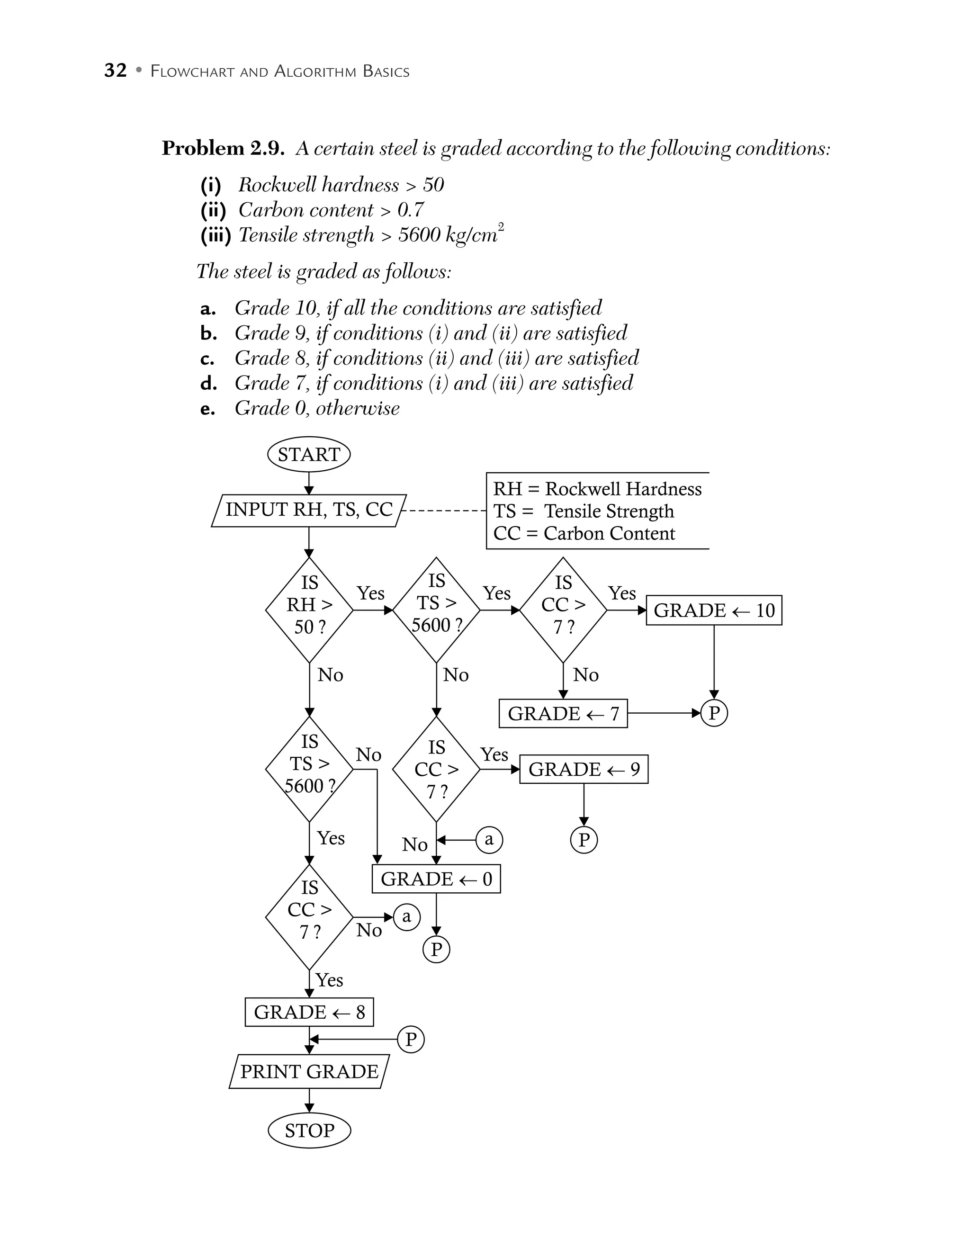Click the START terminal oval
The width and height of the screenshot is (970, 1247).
[x=309, y=455]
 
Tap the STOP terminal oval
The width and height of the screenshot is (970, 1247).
[x=309, y=1130]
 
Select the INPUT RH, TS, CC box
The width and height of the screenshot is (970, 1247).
[x=309, y=510]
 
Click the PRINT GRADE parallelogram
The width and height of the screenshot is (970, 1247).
[x=309, y=1072]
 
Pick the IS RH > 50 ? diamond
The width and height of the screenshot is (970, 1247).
[x=309, y=610]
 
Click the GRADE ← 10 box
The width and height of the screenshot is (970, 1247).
[x=714, y=610]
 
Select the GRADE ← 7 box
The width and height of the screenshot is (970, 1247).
[x=563, y=713]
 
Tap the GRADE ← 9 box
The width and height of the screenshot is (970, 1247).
[x=584, y=769]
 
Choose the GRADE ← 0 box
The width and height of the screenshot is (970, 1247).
[x=436, y=879]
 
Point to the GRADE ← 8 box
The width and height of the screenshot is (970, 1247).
[x=309, y=1012]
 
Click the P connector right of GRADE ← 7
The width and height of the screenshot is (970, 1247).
[x=714, y=713]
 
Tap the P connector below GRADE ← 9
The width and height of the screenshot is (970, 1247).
[x=584, y=840]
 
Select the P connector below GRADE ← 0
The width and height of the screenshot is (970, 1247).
[x=436, y=950]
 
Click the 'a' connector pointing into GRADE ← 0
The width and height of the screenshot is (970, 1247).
[x=489, y=839]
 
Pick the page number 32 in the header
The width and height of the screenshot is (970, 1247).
[x=115, y=71]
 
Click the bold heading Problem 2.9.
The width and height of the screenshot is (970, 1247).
[x=223, y=148]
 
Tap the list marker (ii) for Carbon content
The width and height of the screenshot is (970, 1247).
[x=214, y=210]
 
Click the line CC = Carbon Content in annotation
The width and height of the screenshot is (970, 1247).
[x=584, y=533]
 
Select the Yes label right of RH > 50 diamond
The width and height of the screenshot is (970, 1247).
[x=370, y=593]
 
